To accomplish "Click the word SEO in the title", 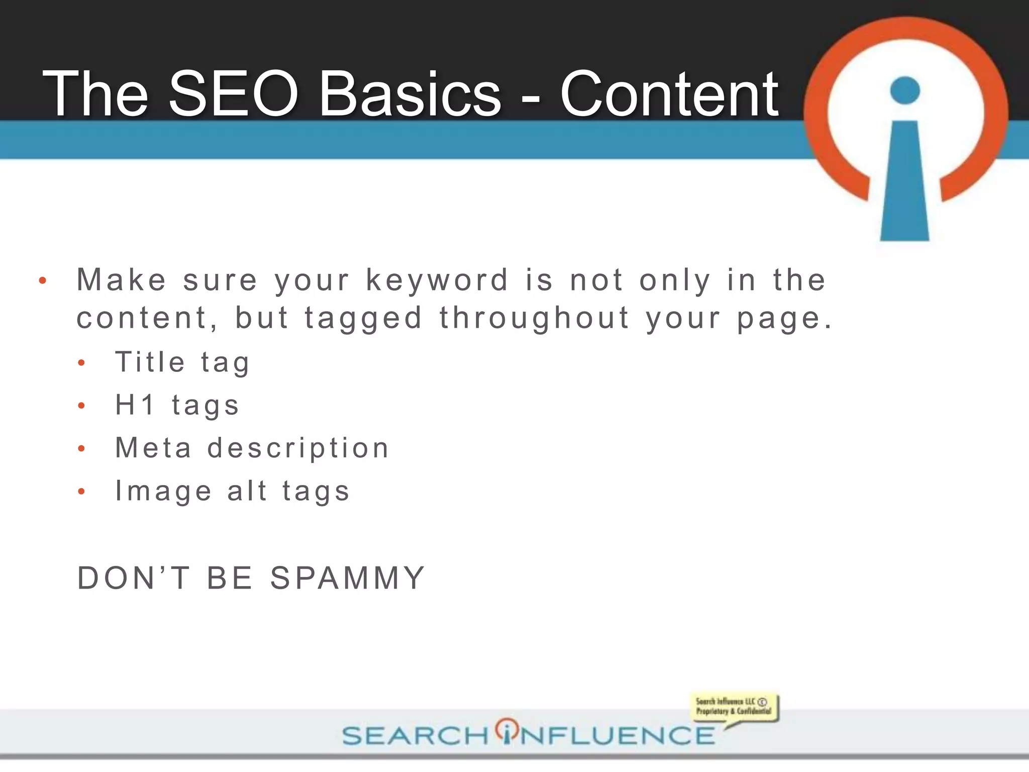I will coord(233,94).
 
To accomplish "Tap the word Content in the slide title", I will coord(669,94).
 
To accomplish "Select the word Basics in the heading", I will coord(410,94).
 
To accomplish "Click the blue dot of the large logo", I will coord(904,90).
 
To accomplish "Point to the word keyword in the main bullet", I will coord(437,280).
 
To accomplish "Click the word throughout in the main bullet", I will coord(535,318).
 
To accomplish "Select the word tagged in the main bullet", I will coord(363,319).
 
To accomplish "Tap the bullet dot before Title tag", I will coord(81,363).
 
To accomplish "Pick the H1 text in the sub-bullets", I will coord(134,405).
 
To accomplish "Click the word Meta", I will coord(153,448).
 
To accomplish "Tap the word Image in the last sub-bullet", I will coord(163,492).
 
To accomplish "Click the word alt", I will coord(247,491).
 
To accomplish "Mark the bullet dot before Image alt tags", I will coord(81,492).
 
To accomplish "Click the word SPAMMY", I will coord(348,578).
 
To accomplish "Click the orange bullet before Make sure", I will coord(43,280).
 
